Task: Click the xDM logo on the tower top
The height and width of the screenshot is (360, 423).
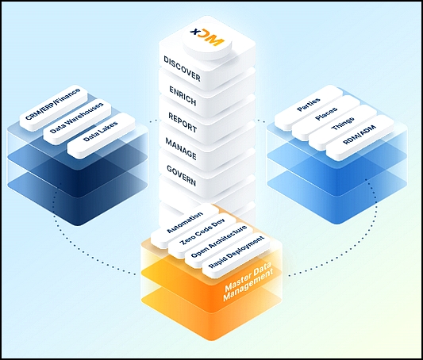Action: point(207,36)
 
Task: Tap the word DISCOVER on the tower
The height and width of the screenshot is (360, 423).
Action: point(182,69)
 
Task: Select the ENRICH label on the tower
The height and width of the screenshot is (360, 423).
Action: point(183,95)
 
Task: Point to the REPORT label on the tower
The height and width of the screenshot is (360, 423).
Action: point(183,122)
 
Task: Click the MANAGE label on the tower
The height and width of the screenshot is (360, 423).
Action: point(181,148)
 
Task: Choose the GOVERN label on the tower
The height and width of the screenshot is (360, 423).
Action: point(181,176)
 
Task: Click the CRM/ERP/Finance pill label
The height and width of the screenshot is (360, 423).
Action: point(53,103)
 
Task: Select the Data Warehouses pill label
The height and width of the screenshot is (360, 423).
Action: point(77,117)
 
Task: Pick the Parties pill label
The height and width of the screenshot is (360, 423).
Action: point(309,105)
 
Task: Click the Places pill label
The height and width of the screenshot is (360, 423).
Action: point(326,113)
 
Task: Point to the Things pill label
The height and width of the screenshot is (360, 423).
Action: point(343,124)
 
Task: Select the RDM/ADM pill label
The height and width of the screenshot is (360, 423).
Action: point(360,135)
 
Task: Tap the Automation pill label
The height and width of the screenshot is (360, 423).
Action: point(185,222)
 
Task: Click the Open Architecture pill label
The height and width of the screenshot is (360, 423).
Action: point(219,242)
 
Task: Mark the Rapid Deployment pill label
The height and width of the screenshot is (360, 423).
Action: point(236,252)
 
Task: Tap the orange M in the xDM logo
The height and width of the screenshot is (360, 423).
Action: point(213,39)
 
